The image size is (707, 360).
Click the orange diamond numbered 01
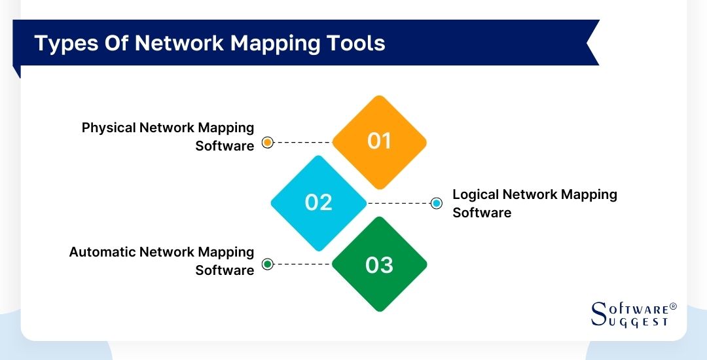(x=379, y=141)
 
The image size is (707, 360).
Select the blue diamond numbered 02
(x=319, y=202)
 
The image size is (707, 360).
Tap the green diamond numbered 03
(x=379, y=264)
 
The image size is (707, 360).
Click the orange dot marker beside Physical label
(x=267, y=143)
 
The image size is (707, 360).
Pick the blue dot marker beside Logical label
(x=437, y=204)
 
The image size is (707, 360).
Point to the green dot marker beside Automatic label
(x=267, y=264)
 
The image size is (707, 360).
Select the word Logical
(x=476, y=194)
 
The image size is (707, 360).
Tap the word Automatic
(x=103, y=252)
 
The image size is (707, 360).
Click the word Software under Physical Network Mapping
(x=225, y=146)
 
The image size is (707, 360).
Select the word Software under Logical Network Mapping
(x=482, y=213)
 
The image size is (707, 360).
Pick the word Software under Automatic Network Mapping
(x=225, y=270)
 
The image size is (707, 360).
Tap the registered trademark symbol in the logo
(x=673, y=306)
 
